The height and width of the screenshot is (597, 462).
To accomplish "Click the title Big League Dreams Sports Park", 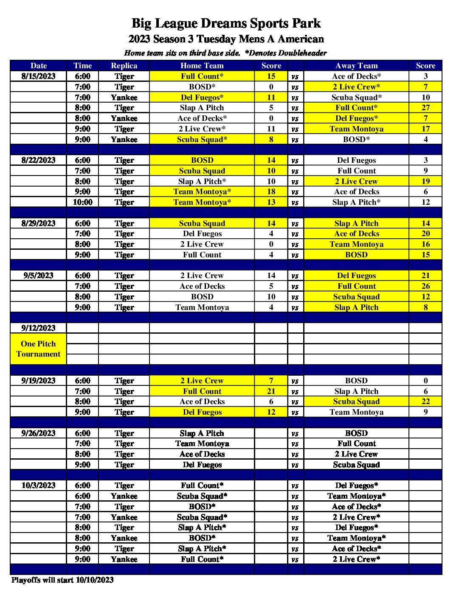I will pyautogui.click(x=226, y=23).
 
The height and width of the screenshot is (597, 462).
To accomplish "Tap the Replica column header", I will pyautogui.click(x=124, y=66).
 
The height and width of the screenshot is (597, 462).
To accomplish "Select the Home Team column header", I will pyautogui.click(x=202, y=66).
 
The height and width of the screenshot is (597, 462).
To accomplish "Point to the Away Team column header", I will pyautogui.click(x=356, y=66).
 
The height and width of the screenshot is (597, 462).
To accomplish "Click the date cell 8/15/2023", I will pyautogui.click(x=38, y=76).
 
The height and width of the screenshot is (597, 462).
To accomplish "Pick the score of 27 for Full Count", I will pyautogui.click(x=425, y=108).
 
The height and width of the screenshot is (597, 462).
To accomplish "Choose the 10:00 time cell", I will pyautogui.click(x=82, y=202).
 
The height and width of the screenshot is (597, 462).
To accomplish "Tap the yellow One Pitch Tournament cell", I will pyautogui.click(x=38, y=349).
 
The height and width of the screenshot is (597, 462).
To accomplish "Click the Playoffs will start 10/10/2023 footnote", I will pyautogui.click(x=62, y=580).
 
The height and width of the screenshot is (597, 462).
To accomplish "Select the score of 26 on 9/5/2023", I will pyautogui.click(x=425, y=286).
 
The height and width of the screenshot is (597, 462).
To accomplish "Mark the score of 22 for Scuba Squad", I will pyautogui.click(x=425, y=402).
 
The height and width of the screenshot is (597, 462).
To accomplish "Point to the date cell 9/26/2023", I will pyautogui.click(x=38, y=433).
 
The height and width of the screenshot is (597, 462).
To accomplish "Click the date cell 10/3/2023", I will pyautogui.click(x=38, y=485).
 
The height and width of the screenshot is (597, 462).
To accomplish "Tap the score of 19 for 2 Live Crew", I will pyautogui.click(x=425, y=181).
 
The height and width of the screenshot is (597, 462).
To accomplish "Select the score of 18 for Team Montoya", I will pyautogui.click(x=271, y=192).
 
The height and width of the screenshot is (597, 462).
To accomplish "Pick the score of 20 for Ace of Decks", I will pyautogui.click(x=425, y=234).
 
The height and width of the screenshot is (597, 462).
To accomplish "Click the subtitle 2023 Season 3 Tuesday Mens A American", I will pyautogui.click(x=226, y=39).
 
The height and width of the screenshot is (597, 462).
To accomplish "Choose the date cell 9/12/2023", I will pyautogui.click(x=38, y=328).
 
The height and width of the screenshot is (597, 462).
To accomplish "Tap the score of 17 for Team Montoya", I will pyautogui.click(x=425, y=129).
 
